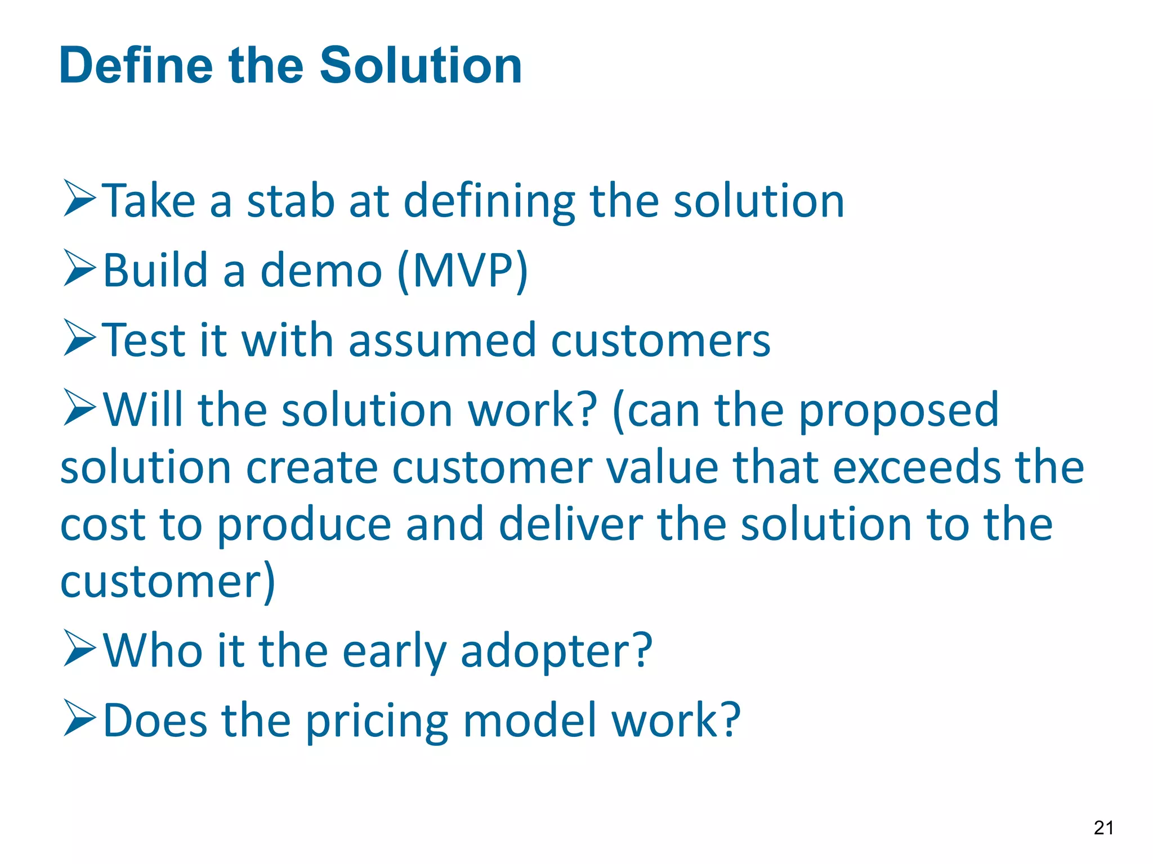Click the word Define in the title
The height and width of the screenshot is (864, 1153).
tap(135, 66)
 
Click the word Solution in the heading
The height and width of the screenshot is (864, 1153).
tap(421, 66)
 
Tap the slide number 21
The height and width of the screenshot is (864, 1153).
tap(1103, 828)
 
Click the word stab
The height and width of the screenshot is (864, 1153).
tap(291, 201)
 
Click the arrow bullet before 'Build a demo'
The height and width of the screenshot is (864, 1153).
tap(79, 268)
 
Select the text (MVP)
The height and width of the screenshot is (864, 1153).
tap(462, 272)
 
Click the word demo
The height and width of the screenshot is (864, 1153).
tap(321, 271)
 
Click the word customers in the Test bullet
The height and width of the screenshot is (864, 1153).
tap(660, 341)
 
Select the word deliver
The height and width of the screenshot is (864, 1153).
tap(570, 525)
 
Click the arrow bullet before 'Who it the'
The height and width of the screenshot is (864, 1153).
tap(79, 648)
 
